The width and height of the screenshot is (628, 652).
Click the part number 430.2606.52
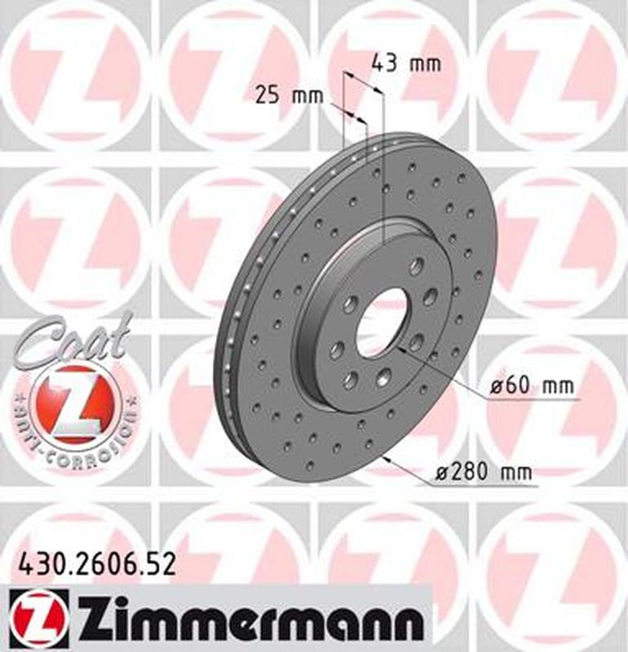coord(95,564)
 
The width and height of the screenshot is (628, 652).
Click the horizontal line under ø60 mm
coord(530,400)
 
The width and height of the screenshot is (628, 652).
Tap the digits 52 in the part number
coord(161,564)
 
